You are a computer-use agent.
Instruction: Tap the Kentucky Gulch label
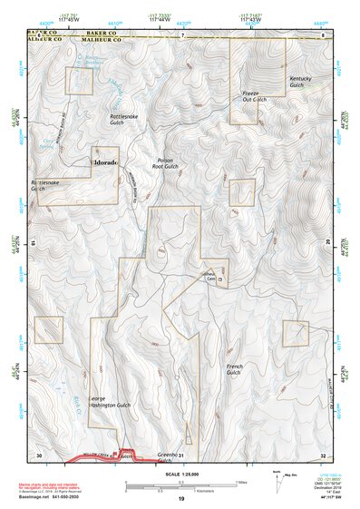pyautogui.click(x=304, y=83)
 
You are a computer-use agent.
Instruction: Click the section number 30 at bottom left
pyautogui.click(x=38, y=455)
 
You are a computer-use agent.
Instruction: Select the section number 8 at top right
pyautogui.click(x=323, y=35)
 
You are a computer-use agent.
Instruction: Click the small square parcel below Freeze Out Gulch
pyautogui.click(x=241, y=192)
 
